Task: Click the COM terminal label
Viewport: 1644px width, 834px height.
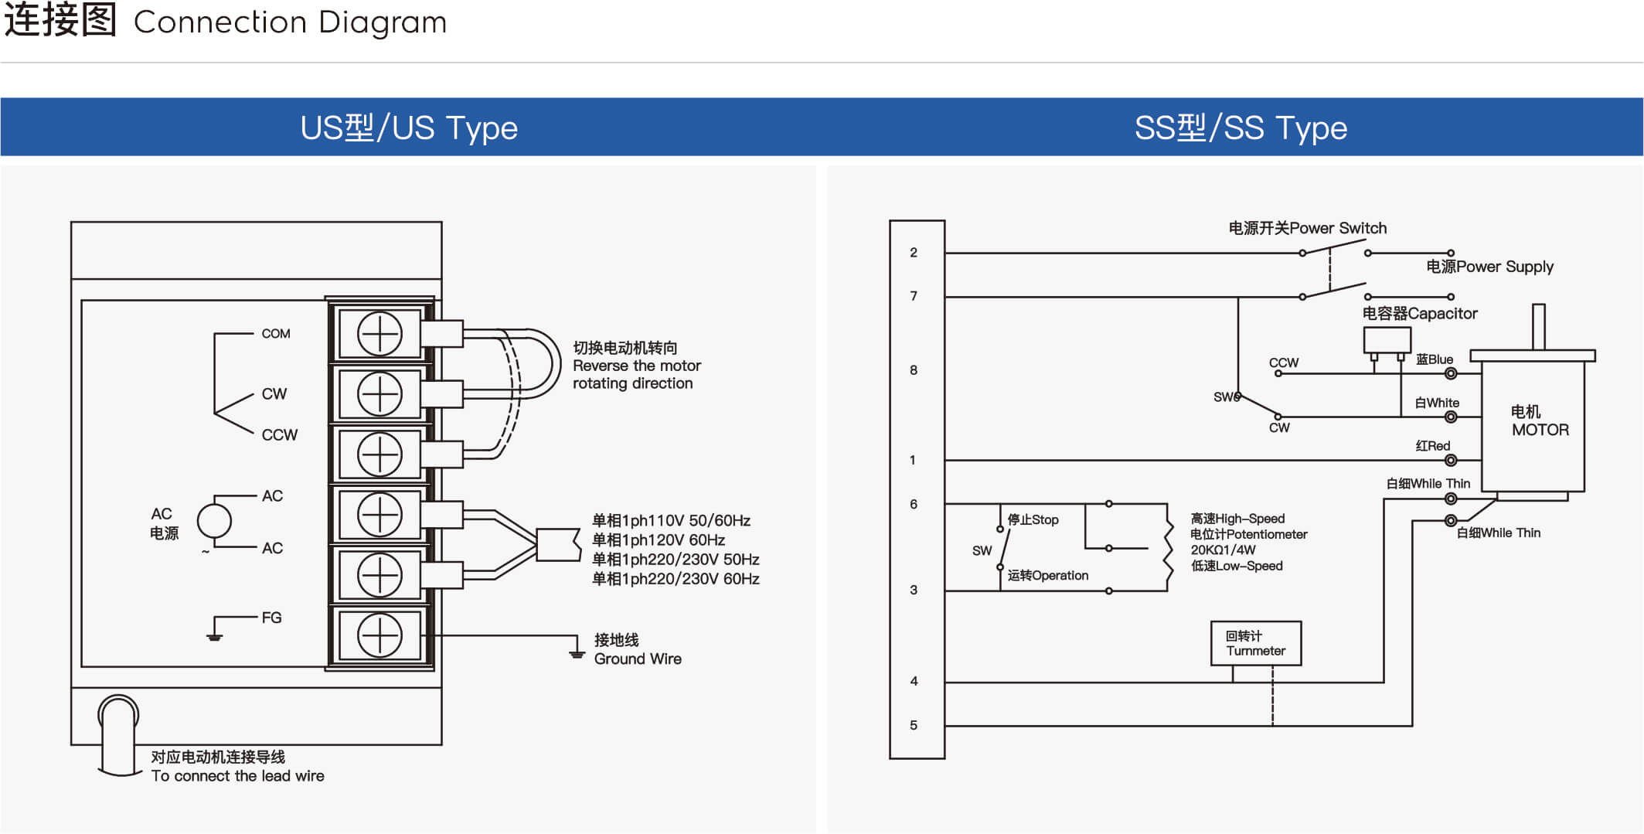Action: click(x=276, y=334)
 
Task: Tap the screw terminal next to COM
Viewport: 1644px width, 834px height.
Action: click(x=380, y=334)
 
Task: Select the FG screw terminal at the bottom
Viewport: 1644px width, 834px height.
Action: click(x=380, y=635)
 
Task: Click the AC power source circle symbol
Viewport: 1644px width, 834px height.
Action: click(x=214, y=521)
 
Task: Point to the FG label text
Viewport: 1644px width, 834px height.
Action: click(x=271, y=618)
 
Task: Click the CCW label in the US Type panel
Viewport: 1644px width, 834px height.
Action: click(x=279, y=435)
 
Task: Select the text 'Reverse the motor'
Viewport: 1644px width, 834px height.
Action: click(x=637, y=366)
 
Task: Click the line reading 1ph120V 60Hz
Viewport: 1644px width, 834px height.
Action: click(x=659, y=540)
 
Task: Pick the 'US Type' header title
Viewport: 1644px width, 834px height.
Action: click(x=409, y=128)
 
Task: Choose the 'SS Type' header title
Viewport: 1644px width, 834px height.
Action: click(x=1241, y=128)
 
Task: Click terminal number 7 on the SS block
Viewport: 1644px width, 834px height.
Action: click(x=914, y=296)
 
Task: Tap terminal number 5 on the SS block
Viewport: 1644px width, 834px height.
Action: click(x=914, y=725)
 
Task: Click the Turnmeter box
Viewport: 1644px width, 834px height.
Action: click(x=1256, y=643)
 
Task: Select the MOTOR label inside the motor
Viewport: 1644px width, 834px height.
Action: click(x=1540, y=430)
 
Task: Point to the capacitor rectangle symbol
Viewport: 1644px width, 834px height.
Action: click(x=1387, y=340)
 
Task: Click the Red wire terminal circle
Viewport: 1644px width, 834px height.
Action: click(x=1451, y=461)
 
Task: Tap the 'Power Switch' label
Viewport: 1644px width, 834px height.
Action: click(x=1338, y=228)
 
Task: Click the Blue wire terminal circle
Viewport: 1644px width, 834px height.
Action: click(x=1451, y=374)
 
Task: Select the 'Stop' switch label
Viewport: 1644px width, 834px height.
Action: click(x=1033, y=519)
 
